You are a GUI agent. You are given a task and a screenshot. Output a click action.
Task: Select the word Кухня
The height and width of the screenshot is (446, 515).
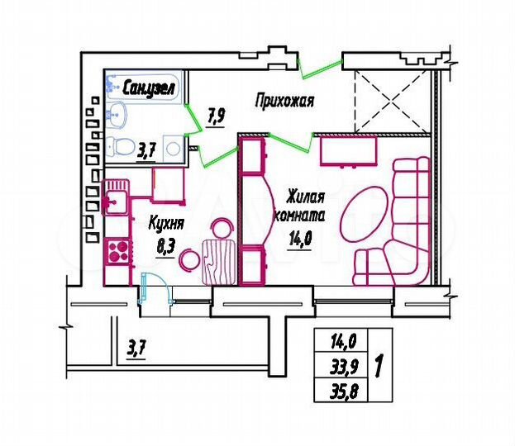coord(165,223)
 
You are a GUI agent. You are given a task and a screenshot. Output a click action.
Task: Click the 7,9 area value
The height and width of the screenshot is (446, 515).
coord(216,116)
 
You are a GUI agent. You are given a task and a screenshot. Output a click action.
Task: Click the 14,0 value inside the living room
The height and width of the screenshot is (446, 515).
coord(299,242)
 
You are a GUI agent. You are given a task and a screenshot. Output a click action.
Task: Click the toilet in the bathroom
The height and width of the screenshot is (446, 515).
coord(125,147)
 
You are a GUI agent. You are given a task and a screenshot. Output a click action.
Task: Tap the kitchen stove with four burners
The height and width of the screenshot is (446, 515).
coord(117,249)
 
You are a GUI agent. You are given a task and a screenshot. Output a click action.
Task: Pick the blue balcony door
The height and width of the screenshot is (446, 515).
coord(147,289)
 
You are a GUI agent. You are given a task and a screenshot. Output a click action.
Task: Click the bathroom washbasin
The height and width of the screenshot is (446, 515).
coord(117,115)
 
